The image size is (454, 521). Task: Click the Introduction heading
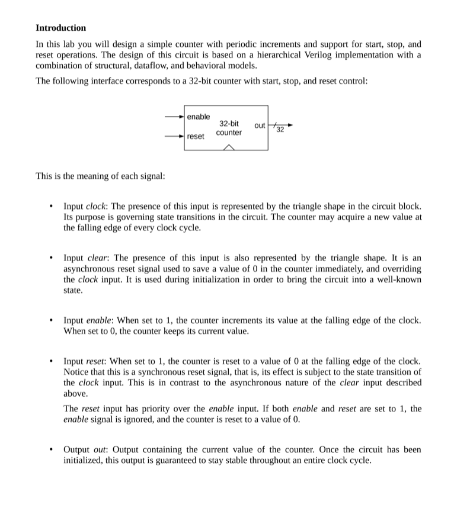tap(60, 28)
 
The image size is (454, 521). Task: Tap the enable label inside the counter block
tap(198, 117)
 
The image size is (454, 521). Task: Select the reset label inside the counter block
tap(196, 137)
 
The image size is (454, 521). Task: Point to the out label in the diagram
tap(260, 126)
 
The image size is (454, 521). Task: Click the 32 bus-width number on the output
tap(280, 130)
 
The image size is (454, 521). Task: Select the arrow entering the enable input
tap(175, 117)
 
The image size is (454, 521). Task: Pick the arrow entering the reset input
tap(175, 137)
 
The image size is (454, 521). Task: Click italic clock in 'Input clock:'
tap(95, 206)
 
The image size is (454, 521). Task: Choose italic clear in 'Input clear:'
tap(97, 258)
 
